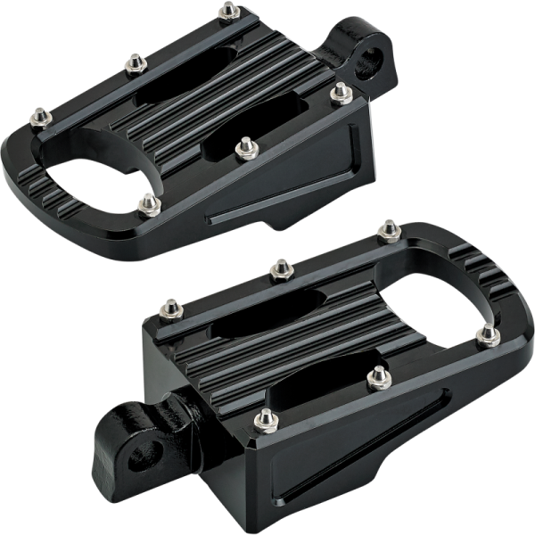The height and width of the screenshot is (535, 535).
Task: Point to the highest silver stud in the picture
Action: pyautogui.click(x=230, y=11)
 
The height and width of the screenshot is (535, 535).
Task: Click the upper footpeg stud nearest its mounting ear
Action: pyautogui.click(x=339, y=91)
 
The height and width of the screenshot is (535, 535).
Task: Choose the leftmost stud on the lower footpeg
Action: pyautogui.click(x=167, y=309)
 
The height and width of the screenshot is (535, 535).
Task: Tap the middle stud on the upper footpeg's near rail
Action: pyautogui.click(x=247, y=146)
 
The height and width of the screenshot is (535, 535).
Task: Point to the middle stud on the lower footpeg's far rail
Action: pyautogui.click(x=280, y=267)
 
